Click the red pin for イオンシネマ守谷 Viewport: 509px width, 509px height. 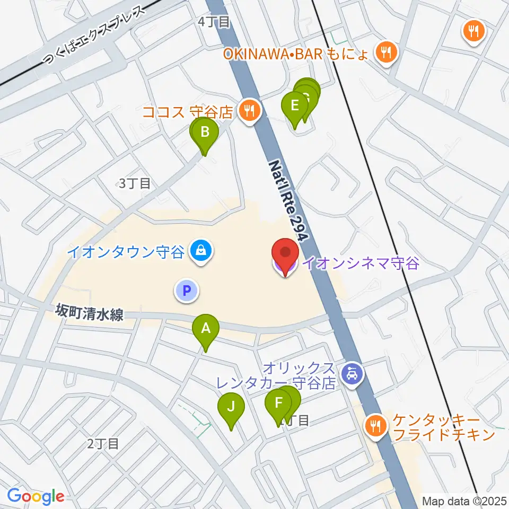point(285,253)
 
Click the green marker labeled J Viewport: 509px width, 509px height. point(231,408)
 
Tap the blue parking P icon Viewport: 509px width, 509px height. point(186,290)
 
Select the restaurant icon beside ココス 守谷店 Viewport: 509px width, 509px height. point(249,111)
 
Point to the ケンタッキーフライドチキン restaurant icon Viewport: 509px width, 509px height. point(375,425)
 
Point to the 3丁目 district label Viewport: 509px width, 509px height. point(135,183)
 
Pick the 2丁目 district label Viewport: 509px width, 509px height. point(103,443)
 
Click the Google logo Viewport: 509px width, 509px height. point(36,496)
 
